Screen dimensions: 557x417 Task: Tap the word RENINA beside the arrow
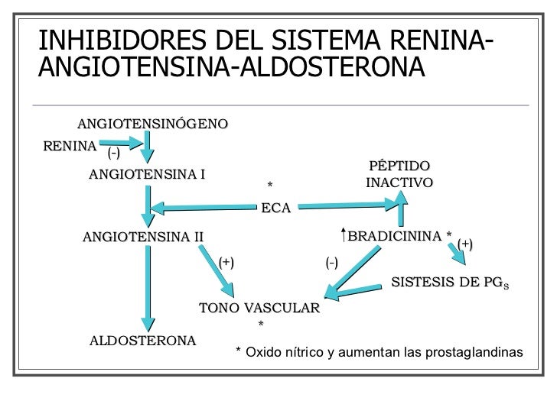pos(70,145)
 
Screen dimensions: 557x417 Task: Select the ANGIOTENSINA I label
pos(147,174)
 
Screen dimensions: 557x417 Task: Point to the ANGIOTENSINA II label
pos(142,236)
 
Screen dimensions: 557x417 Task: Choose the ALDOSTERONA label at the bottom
pos(142,340)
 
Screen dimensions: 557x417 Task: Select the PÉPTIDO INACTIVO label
pos(399,175)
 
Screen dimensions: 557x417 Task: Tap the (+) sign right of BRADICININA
pos(465,244)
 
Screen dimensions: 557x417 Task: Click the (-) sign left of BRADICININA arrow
pos(332,263)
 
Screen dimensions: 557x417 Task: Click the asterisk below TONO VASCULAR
pos(261,325)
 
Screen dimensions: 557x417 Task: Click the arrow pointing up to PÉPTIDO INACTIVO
pos(400,210)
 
